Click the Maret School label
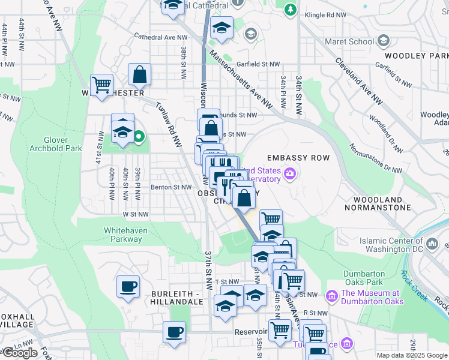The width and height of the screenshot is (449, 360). tap(348, 41)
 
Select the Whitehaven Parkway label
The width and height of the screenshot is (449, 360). tap(123, 235)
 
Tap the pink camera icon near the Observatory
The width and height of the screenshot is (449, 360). tap(291, 174)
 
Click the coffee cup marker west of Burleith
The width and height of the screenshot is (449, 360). tap(128, 286)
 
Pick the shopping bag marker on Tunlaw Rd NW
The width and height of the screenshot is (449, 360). tap(139, 75)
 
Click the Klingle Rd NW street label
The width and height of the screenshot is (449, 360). tap(325, 14)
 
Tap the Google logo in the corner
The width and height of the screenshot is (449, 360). tap(20, 353)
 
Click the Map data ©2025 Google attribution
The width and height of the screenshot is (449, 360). tap(411, 355)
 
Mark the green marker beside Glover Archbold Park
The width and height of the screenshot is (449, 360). tap(139, 137)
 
